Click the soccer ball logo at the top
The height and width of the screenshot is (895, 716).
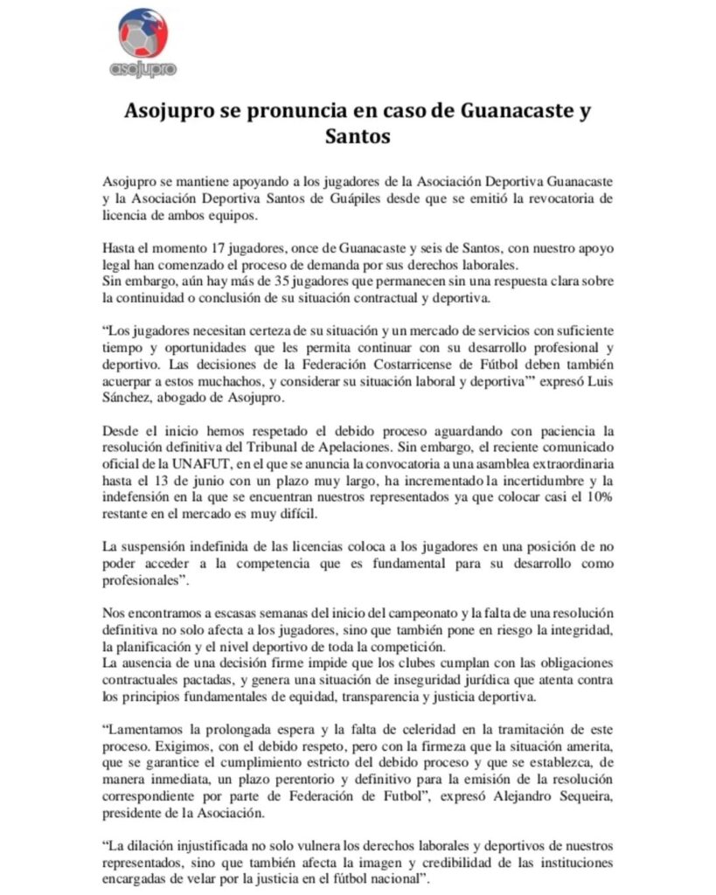[x=142, y=33]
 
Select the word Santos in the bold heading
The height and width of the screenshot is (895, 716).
[x=358, y=137]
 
